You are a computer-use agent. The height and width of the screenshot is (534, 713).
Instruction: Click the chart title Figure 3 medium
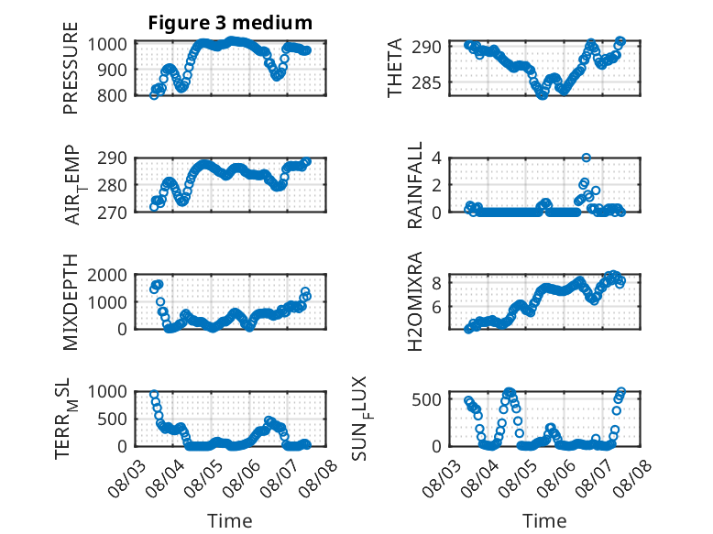coord(230,23)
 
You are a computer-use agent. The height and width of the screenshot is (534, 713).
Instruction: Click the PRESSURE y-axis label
coord(71,68)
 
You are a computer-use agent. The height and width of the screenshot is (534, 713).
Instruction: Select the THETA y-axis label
coord(395,68)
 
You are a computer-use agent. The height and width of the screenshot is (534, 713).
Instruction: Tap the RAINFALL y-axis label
coord(415,184)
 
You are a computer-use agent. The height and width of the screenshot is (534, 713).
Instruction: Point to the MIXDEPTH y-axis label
coord(71,301)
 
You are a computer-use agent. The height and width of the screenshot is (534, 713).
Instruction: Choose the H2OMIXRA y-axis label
coord(415,301)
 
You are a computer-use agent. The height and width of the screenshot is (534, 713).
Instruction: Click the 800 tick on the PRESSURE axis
coord(113,95)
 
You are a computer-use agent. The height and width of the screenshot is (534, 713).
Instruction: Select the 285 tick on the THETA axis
coord(426,83)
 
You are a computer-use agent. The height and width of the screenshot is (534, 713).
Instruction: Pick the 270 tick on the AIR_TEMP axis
coord(113,213)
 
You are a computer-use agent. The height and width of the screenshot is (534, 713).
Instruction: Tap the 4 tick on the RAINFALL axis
coord(437,158)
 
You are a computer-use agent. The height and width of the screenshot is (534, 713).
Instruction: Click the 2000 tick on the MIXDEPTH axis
coord(107,275)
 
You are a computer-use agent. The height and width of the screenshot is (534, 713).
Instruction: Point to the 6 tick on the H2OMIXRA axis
coord(437,307)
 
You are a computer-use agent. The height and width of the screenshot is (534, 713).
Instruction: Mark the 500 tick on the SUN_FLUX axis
coord(426,400)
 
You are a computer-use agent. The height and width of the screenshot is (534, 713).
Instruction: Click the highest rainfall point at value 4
coord(587,158)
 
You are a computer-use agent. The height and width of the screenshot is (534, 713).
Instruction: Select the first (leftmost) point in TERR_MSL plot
coord(154,395)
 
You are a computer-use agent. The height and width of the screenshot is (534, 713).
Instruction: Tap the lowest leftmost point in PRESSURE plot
coord(154,95)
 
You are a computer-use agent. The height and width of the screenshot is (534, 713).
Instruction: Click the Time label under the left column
coord(230,521)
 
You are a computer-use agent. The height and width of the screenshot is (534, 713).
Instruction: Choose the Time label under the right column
coord(544,521)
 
